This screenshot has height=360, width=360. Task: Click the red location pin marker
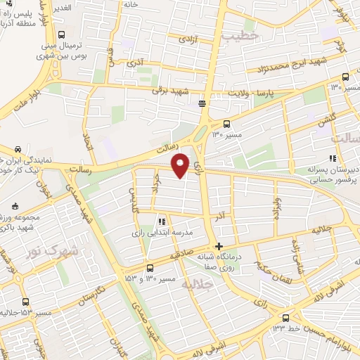point(181,165)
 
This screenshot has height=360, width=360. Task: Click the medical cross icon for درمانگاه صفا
point(219,246)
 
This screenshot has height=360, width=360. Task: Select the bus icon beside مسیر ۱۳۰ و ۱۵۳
point(150,267)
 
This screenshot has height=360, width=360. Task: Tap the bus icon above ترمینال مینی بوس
point(61,34)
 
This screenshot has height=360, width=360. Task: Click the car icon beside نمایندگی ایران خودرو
point(18,149)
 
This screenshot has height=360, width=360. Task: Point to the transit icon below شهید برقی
point(202,104)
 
